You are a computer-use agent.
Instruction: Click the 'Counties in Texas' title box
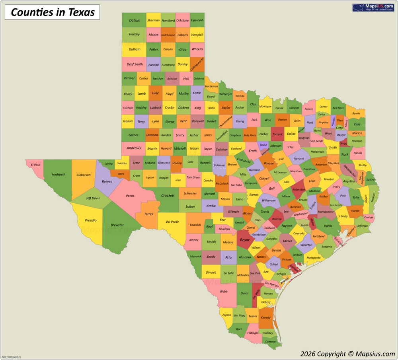(53, 12)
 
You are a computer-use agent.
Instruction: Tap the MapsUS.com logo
(373, 8)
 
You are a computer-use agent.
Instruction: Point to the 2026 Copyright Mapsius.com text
(347, 354)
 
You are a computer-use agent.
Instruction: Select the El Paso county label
(35, 165)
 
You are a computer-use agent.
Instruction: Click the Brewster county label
(117, 225)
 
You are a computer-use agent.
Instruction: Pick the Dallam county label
(135, 20)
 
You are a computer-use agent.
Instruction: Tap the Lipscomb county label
(197, 20)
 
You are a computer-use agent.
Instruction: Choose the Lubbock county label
(155, 108)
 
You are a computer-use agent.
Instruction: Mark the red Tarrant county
(277, 134)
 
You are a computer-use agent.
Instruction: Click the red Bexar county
(245, 240)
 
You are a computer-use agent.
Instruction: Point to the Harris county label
(328, 226)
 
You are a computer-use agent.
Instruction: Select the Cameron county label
(271, 342)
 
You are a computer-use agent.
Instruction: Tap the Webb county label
(224, 291)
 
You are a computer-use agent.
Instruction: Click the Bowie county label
(356, 113)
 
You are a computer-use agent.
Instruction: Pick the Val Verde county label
(172, 222)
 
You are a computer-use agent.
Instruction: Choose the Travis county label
(265, 212)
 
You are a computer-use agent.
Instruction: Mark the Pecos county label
(130, 196)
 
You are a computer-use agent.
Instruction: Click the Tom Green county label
(193, 177)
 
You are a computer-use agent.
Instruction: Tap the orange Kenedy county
(265, 317)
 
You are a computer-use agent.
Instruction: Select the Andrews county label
(134, 148)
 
